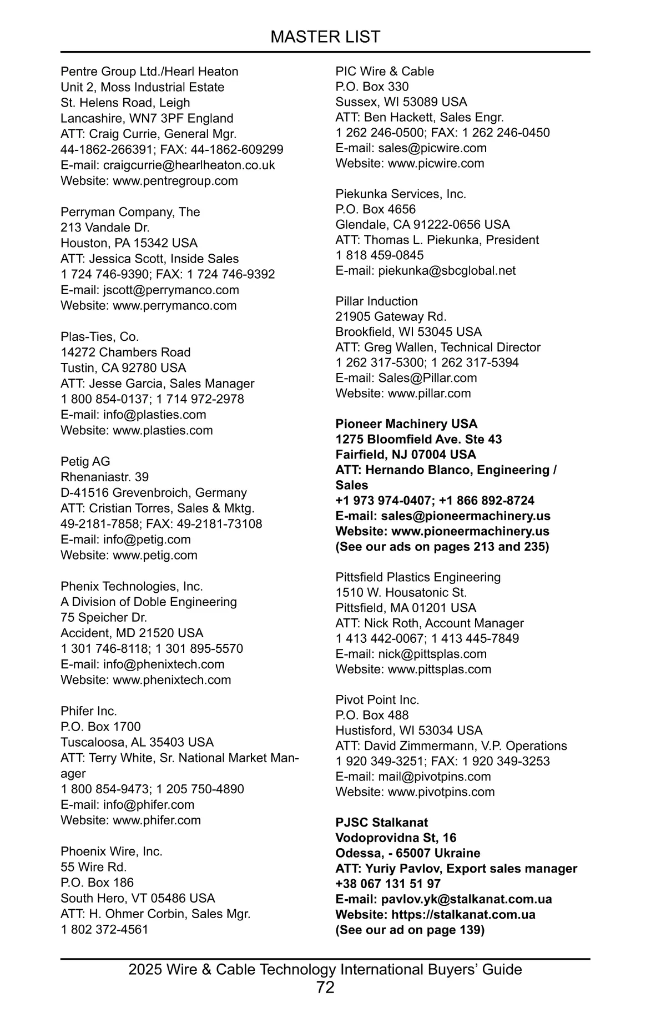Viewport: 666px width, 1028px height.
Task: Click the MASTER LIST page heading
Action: [325, 37]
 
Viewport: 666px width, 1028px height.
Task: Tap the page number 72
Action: [325, 987]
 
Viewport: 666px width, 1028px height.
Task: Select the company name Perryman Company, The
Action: [130, 212]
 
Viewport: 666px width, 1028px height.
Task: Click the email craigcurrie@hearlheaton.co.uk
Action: [189, 165]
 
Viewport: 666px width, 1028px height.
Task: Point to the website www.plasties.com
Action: [163, 430]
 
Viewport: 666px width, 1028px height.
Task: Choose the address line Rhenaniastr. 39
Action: [104, 477]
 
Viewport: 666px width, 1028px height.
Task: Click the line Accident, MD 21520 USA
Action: [132, 633]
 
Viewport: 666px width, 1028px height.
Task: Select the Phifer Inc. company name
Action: [89, 711]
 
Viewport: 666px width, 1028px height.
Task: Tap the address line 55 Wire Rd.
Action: [93, 867]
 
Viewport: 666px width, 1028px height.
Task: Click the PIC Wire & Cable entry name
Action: [385, 71]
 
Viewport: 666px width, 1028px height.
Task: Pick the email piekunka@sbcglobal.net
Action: [446, 270]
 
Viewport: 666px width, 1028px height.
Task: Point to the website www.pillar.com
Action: [429, 393]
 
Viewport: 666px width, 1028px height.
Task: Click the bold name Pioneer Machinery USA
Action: [406, 424]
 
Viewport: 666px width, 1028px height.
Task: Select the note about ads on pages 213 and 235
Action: [442, 546]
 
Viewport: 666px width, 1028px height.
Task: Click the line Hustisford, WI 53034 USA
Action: [408, 730]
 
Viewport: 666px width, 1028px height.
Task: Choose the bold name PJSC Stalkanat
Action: [381, 823]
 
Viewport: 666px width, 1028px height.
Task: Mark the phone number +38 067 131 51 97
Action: [387, 884]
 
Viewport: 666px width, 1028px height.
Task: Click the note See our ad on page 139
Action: [410, 930]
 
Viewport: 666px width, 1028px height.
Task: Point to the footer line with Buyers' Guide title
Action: [325, 969]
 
